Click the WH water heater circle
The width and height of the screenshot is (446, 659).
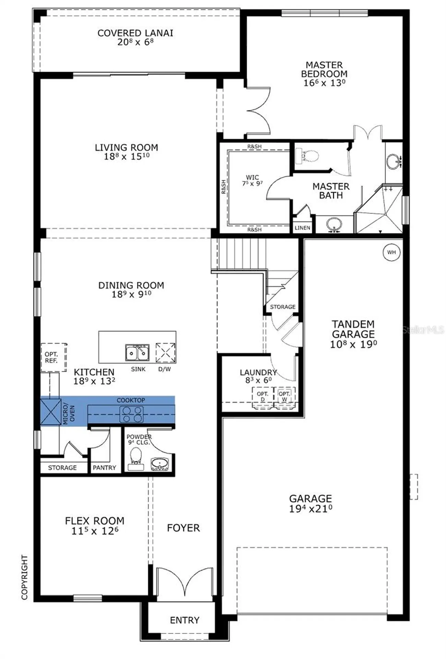391,252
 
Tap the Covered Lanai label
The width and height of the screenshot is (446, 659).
135,33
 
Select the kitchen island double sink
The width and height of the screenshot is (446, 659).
137,353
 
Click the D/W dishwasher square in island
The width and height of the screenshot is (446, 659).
165,352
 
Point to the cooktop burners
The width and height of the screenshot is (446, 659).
131,414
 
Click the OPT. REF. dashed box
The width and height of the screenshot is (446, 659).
54,357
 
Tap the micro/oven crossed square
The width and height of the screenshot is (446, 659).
51,412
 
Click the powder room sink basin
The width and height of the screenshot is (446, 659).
160,464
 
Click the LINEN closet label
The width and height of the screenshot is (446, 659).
302,228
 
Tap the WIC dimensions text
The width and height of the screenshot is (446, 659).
253,184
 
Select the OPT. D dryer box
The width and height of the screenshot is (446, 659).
263,397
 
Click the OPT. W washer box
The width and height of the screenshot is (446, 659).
284,397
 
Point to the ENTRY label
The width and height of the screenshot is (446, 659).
185,620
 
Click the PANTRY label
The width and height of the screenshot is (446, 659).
104,467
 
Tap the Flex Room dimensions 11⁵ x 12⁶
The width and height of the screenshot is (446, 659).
95,531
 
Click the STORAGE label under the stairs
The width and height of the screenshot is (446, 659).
282,307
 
